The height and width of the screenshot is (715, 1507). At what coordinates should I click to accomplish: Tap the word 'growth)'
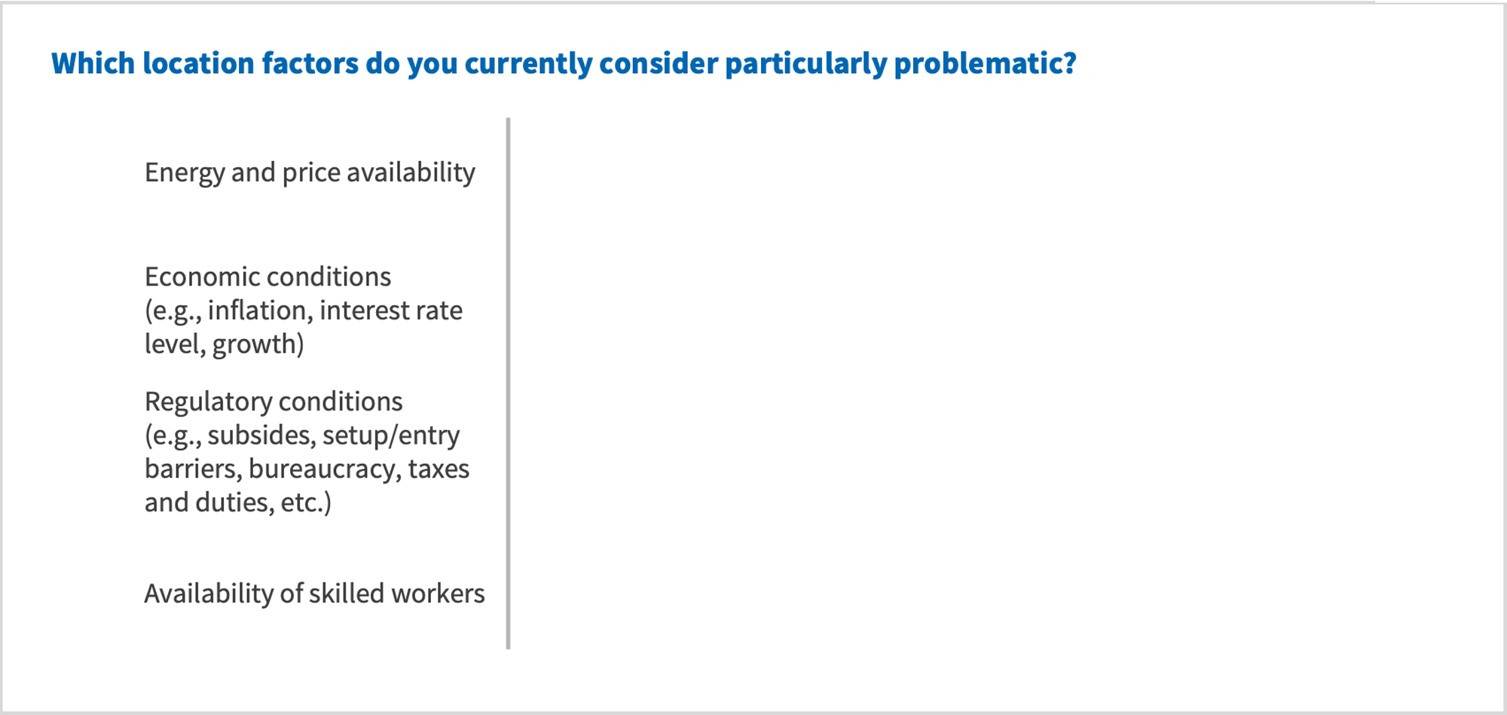258,344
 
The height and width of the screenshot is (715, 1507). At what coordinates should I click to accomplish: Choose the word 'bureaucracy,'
324,469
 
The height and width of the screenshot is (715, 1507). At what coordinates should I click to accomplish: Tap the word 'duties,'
234,503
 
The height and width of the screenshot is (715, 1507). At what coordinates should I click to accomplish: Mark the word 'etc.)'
306,503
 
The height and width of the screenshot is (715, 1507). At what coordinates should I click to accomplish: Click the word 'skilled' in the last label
346,594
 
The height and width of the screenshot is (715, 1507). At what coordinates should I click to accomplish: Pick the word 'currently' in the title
527,63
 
